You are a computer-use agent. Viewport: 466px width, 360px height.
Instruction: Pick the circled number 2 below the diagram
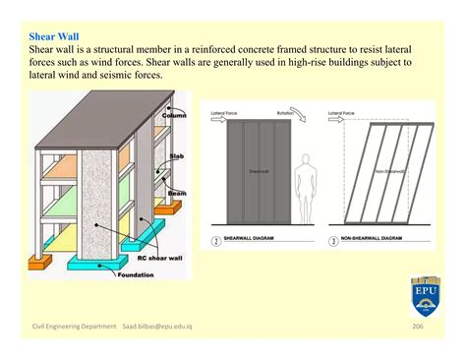point(216,240)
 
